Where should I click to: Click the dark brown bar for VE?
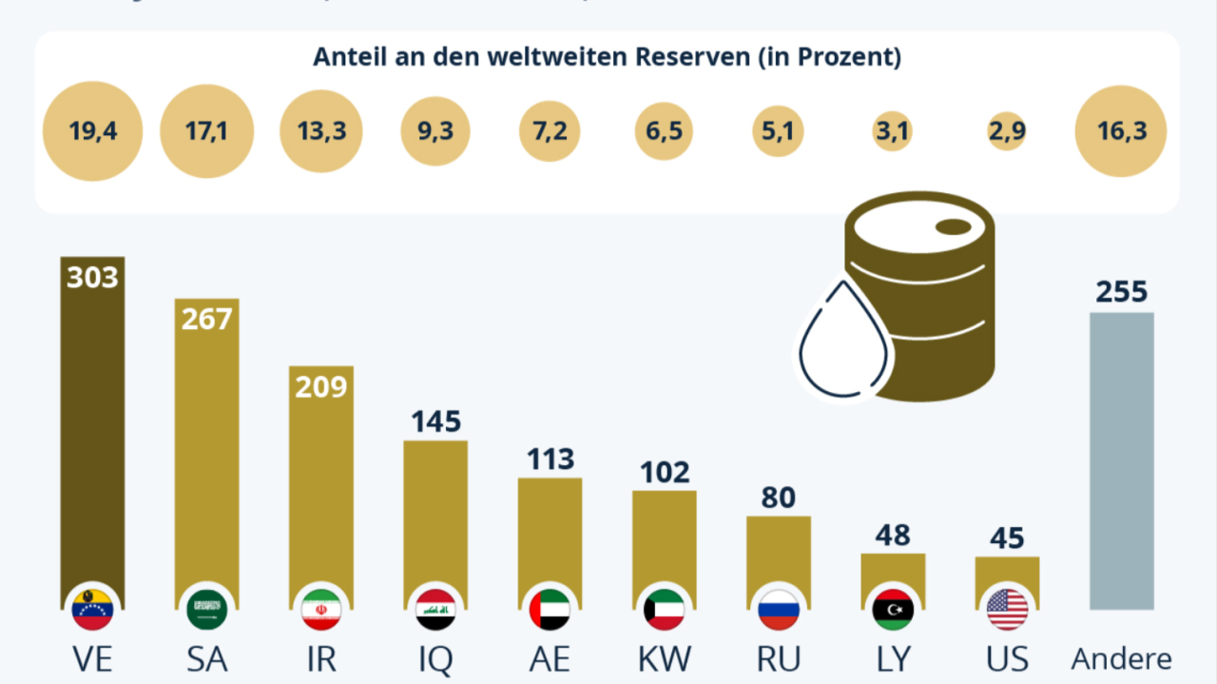[92, 428]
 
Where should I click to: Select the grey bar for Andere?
[1121, 461]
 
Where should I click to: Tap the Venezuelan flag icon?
[92, 610]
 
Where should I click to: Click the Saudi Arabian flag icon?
[207, 610]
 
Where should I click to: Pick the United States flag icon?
[1007, 610]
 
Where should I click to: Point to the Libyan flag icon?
[893, 610]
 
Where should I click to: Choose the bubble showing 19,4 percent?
[93, 131]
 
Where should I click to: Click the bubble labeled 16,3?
[1121, 131]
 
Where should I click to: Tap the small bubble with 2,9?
[1007, 131]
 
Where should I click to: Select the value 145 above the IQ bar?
[435, 421]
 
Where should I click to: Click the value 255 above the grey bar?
[1122, 291]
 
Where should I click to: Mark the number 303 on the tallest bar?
[92, 277]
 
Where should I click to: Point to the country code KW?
[665, 659]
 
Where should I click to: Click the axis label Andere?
[1122, 659]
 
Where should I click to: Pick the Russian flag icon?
[779, 610]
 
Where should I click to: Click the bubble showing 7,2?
[550, 131]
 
